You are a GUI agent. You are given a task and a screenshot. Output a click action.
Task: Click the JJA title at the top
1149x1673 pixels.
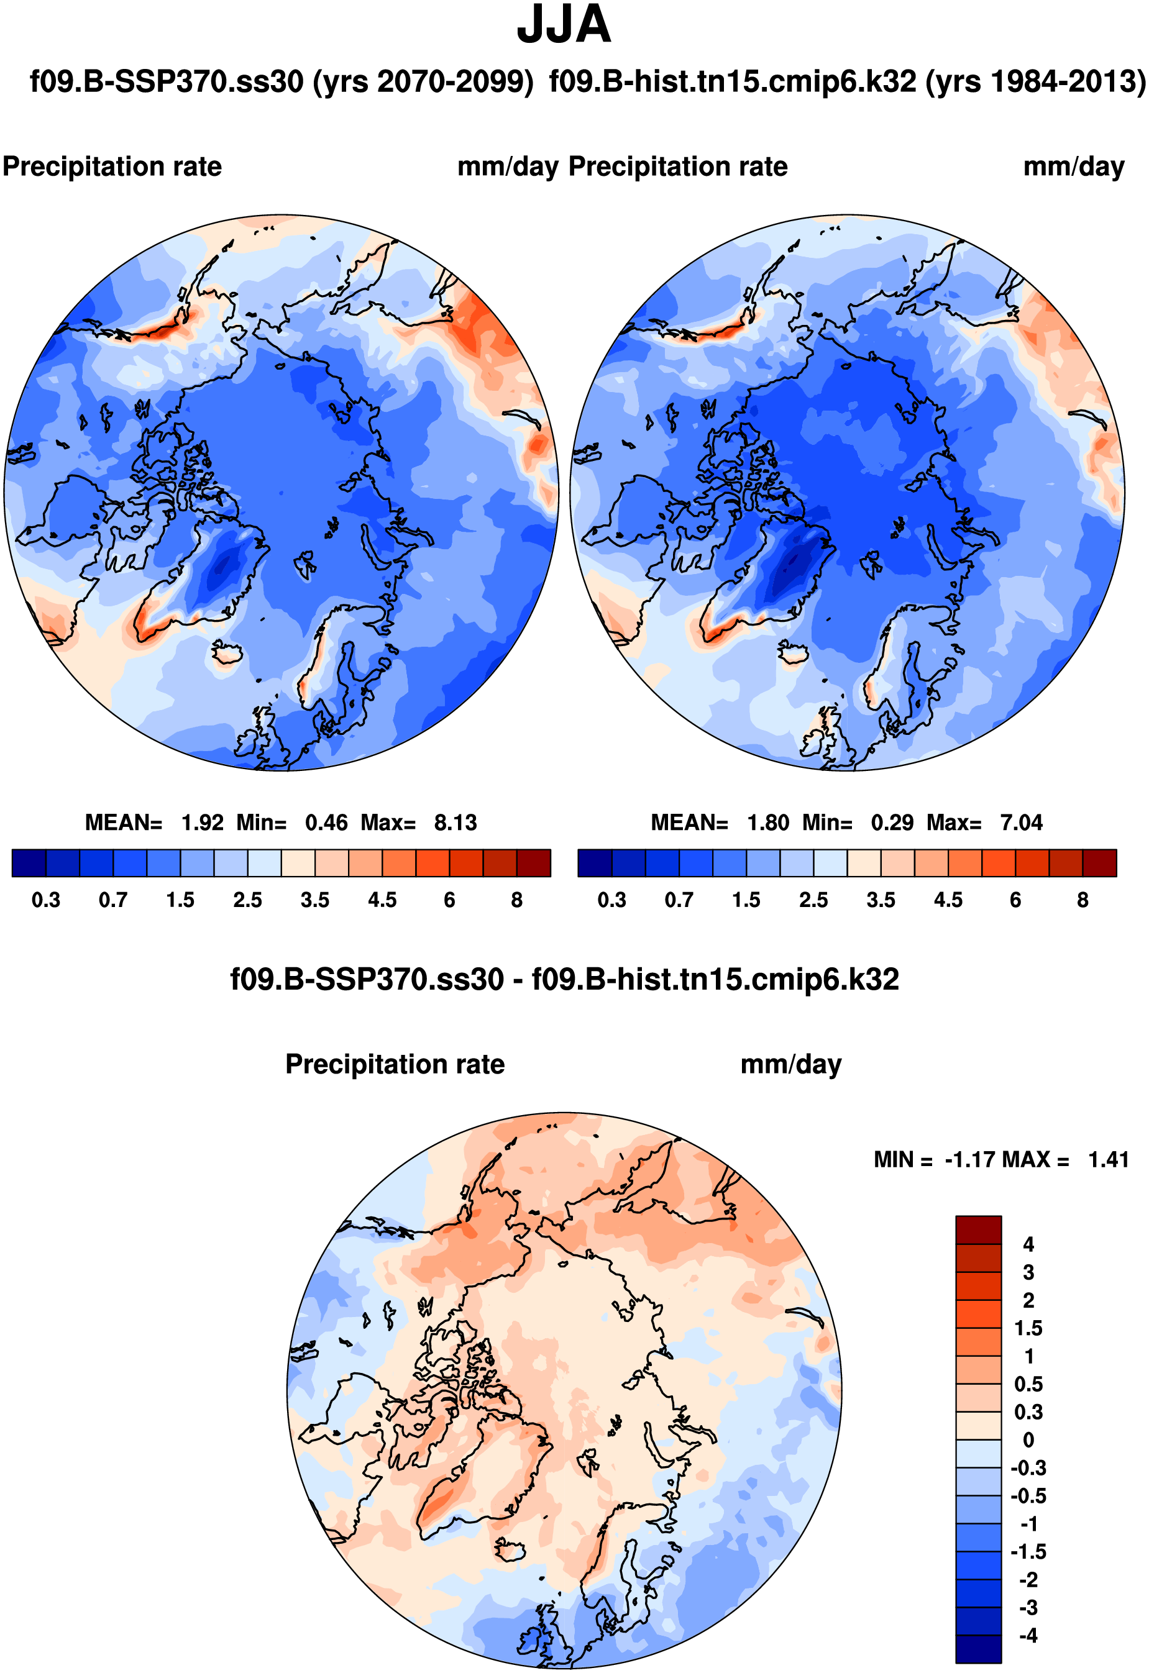[x=564, y=26]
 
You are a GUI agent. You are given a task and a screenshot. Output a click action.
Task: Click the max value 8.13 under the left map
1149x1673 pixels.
[x=455, y=823]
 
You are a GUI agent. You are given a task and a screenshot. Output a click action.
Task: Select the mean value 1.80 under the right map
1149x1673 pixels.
[x=767, y=823]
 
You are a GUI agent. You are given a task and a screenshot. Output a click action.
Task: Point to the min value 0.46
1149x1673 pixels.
[x=326, y=823]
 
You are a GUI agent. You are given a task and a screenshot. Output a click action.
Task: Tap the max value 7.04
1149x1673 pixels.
[x=1021, y=823]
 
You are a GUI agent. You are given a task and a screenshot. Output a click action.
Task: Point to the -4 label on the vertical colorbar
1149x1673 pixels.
[x=1028, y=1636]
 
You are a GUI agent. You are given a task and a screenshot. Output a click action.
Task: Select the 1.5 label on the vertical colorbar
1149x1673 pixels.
[x=1028, y=1328]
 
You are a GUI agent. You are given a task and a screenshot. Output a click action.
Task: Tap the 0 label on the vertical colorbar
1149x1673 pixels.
[x=1028, y=1440]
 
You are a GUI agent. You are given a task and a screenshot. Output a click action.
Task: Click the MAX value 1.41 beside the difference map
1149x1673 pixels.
[x=1108, y=1160]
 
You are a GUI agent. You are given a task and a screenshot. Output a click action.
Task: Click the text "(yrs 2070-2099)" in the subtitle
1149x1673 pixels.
[x=423, y=82]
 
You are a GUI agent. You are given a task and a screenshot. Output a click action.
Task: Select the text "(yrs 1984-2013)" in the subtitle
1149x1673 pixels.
[x=1035, y=82]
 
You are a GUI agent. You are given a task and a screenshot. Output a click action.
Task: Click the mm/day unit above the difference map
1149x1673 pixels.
[x=790, y=1065]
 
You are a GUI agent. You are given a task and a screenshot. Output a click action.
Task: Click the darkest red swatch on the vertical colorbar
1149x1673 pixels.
[x=978, y=1230]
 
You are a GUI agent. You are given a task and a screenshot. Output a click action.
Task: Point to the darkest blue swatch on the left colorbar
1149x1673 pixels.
[x=29, y=863]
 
